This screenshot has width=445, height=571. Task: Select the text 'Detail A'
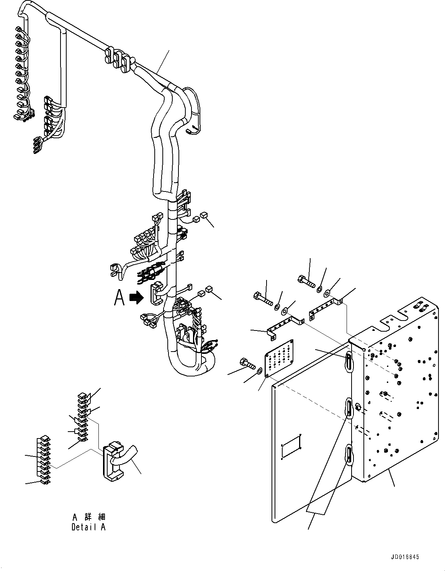[88, 527]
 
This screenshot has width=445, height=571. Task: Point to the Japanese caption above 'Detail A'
[88, 517]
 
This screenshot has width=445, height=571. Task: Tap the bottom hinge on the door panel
[349, 455]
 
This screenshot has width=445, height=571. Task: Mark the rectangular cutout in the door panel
[291, 445]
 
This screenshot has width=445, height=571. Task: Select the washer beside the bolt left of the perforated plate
[260, 370]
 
